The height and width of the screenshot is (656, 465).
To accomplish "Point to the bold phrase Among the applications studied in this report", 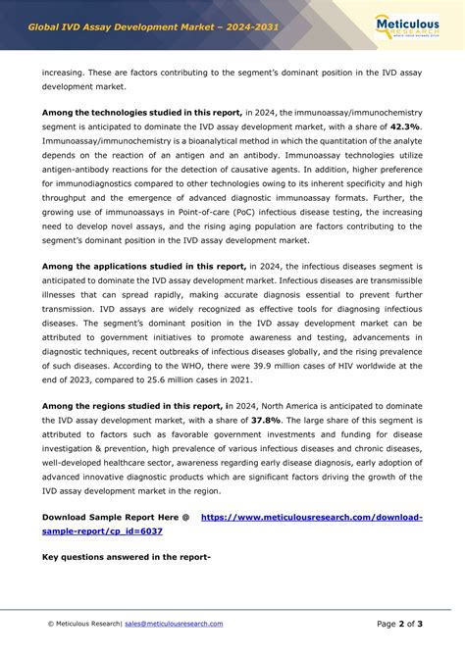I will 143,265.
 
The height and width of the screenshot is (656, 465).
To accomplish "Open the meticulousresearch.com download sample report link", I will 311,516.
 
